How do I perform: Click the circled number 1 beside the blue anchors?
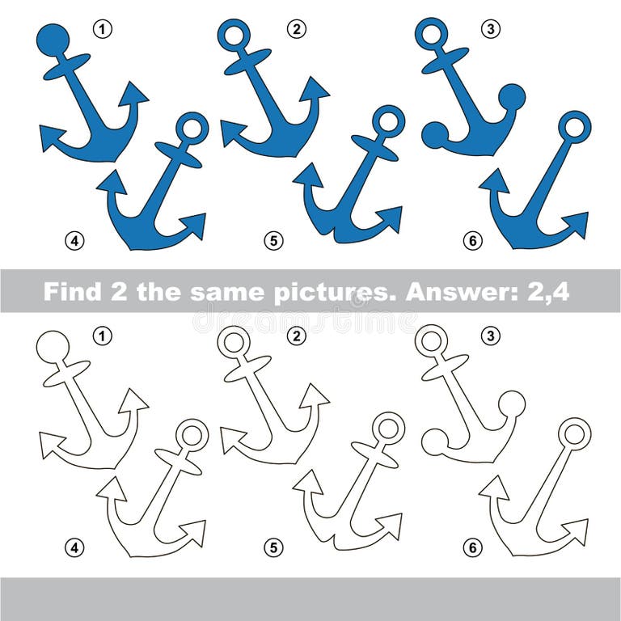102,30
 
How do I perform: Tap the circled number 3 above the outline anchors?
490,336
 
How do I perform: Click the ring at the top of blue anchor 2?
234,35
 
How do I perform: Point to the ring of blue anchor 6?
575,126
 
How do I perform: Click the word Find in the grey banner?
74,291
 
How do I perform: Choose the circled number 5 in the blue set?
274,240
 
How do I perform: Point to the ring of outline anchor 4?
192,435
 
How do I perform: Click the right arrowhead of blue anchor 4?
193,224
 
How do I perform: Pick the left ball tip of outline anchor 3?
435,441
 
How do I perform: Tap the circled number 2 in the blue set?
296,30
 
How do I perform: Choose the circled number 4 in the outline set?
74,547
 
